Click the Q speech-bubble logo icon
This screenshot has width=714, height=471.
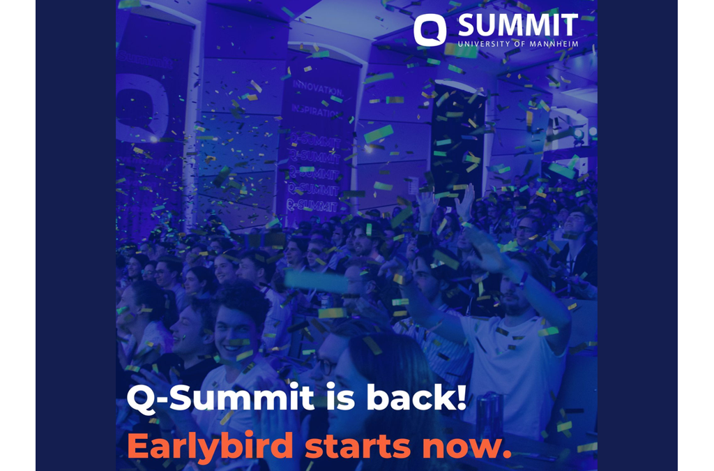pyautogui.click(x=430, y=30)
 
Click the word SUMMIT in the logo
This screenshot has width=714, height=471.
pyautogui.click(x=517, y=25)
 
